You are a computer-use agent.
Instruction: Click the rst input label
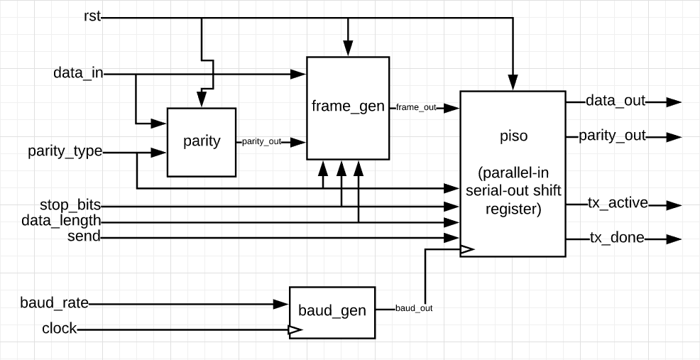pyautogui.click(x=92, y=16)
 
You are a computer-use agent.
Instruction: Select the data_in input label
pyautogui.click(x=78, y=73)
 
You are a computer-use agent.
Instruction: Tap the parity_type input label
pyautogui.click(x=65, y=151)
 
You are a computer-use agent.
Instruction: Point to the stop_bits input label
pyautogui.click(x=70, y=205)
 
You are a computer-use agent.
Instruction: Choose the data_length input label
pyautogui.click(x=61, y=221)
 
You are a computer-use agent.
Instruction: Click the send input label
pyautogui.click(x=84, y=236)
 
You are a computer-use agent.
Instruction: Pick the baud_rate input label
pyautogui.click(x=55, y=303)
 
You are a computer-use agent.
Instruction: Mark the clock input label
pyautogui.click(x=60, y=329)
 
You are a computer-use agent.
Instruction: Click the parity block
pyautogui.click(x=202, y=141)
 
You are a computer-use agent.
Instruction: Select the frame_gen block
pyautogui.click(x=348, y=107)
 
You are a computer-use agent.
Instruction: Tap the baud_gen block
pyautogui.click(x=332, y=311)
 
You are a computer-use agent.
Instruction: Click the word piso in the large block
pyautogui.click(x=513, y=136)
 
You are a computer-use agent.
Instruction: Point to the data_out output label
pyautogui.click(x=615, y=101)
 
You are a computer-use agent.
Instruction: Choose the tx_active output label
pyautogui.click(x=618, y=203)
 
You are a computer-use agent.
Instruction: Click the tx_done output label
pyautogui.click(x=617, y=238)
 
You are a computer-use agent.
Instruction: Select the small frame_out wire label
pyautogui.click(x=416, y=107)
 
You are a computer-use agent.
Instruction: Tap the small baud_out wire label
pyautogui.click(x=413, y=308)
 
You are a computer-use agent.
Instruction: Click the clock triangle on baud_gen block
pyautogui.click(x=294, y=329)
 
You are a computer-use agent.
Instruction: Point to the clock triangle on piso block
pyautogui.click(x=466, y=249)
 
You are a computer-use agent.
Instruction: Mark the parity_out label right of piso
pyautogui.click(x=612, y=136)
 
